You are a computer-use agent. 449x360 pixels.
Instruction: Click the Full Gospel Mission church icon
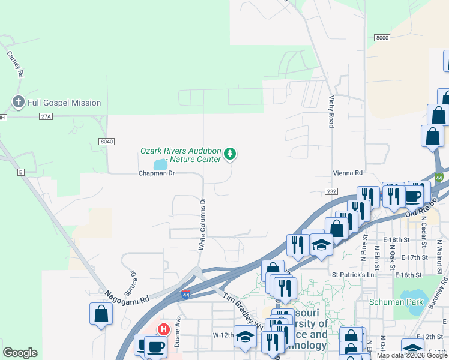tap(18, 103)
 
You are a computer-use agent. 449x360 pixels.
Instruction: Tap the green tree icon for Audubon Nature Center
tap(229, 155)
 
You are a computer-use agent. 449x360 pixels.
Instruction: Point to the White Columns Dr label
tap(202, 224)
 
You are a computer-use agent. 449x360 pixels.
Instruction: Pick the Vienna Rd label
tap(348, 173)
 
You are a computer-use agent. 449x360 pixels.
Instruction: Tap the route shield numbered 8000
tap(382, 38)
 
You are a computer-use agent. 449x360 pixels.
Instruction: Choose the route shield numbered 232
tap(333, 191)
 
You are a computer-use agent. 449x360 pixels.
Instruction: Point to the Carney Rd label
tap(16, 64)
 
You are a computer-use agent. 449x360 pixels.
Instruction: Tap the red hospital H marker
tap(163, 329)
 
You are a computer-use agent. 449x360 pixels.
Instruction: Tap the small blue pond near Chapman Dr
tap(160, 164)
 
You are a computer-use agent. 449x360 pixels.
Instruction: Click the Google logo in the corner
tap(20, 353)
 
